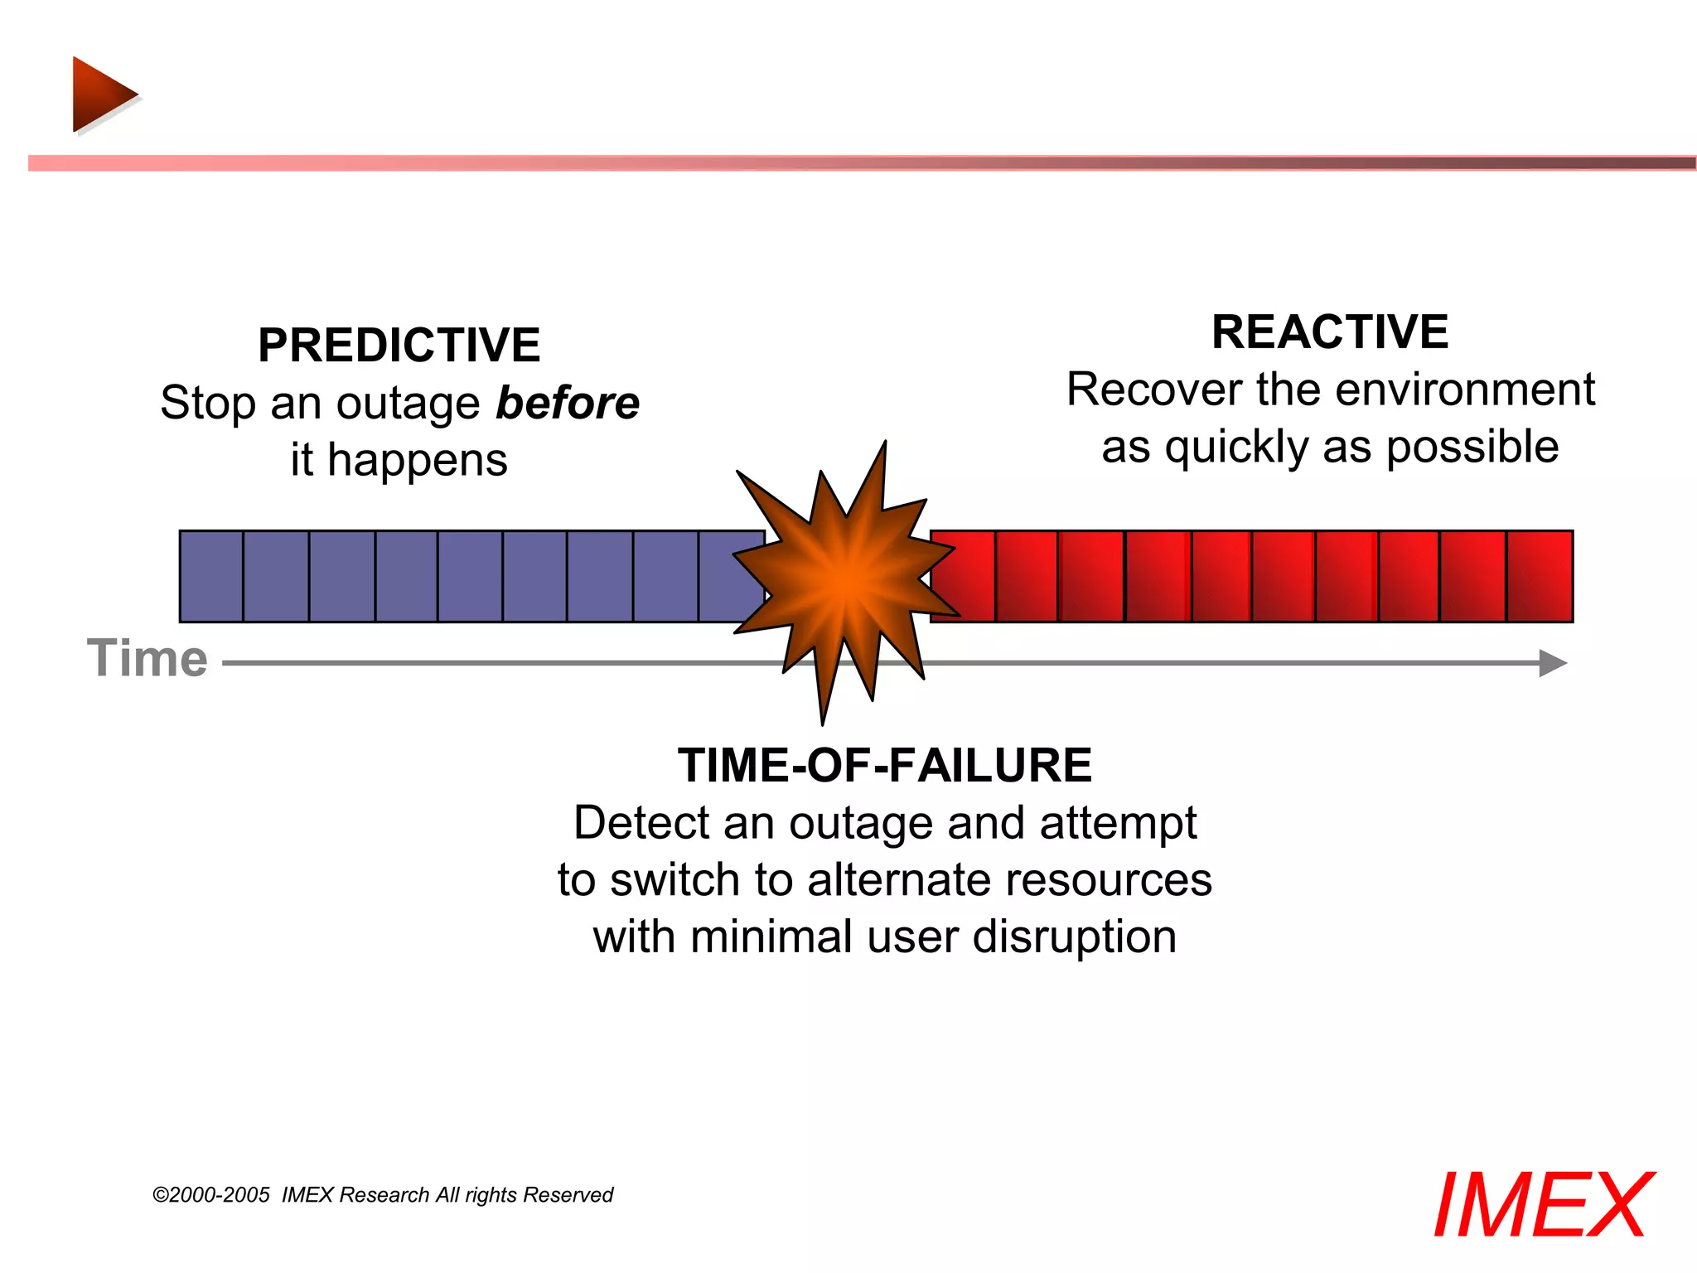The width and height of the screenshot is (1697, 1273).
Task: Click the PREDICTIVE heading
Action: (399, 345)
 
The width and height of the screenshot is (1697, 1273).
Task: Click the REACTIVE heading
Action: (1329, 332)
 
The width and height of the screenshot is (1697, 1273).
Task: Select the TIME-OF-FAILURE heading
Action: (884, 764)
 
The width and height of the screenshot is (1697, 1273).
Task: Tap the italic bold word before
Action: (568, 404)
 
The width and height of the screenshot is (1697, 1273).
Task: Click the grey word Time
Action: (147, 659)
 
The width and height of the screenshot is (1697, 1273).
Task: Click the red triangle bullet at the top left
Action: (100, 94)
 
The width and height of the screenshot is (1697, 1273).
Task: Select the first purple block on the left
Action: (211, 576)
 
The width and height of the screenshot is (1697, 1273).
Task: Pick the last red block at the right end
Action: (1539, 576)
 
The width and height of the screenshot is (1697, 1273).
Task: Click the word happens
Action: (417, 461)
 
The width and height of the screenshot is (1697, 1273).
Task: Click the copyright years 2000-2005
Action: (219, 1195)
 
